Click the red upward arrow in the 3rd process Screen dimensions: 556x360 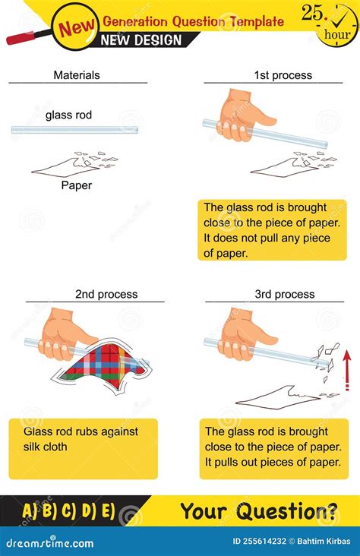(347, 369)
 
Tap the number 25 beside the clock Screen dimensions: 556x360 (311, 12)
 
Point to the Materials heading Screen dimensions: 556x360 (76, 75)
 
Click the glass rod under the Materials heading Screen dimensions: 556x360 (74, 131)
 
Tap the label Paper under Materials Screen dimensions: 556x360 (76, 185)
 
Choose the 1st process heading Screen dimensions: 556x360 (283, 75)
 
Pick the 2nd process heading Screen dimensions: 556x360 (106, 294)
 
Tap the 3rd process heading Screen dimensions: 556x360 (284, 294)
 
